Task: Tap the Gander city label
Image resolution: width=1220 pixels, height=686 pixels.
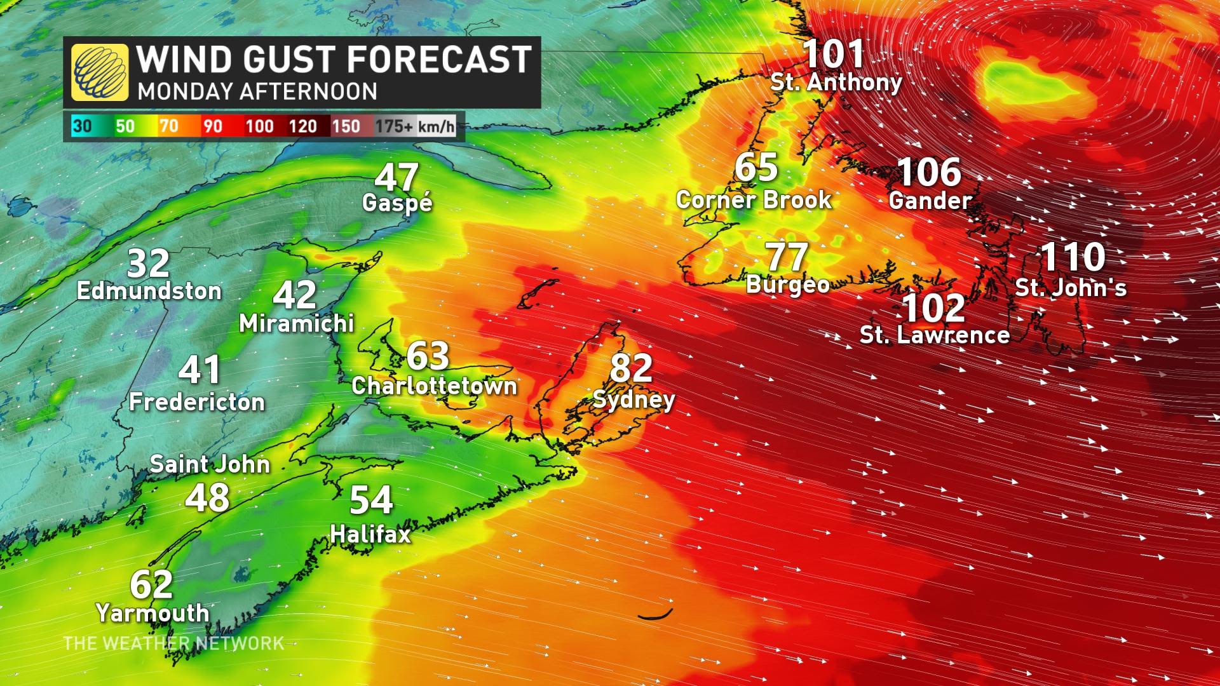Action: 930,201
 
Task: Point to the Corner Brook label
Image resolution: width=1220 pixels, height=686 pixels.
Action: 754,200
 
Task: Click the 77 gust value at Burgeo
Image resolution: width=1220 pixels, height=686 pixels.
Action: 788,257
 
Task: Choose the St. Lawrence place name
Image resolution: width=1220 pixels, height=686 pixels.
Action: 935,335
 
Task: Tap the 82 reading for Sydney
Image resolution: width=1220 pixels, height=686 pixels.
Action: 631,368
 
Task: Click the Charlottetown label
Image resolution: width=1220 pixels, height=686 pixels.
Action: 435,386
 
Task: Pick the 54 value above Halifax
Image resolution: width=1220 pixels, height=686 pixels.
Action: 372,500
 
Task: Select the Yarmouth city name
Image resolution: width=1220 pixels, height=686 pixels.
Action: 152,613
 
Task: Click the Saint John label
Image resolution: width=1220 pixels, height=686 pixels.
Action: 210,464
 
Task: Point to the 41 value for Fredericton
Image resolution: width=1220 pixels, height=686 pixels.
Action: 200,370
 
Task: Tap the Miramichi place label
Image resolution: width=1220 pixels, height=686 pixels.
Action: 296,323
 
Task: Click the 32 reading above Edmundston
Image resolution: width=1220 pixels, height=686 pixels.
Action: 149,264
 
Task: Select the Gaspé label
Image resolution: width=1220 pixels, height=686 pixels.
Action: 397,203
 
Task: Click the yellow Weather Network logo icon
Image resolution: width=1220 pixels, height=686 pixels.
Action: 99,72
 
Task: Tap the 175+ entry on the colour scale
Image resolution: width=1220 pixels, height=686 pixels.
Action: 393,126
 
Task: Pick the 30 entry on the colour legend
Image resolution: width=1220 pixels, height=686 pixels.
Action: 82,126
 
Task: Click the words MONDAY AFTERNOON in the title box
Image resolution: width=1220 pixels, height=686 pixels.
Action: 257,91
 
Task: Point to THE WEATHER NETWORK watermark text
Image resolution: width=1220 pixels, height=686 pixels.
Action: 173,643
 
